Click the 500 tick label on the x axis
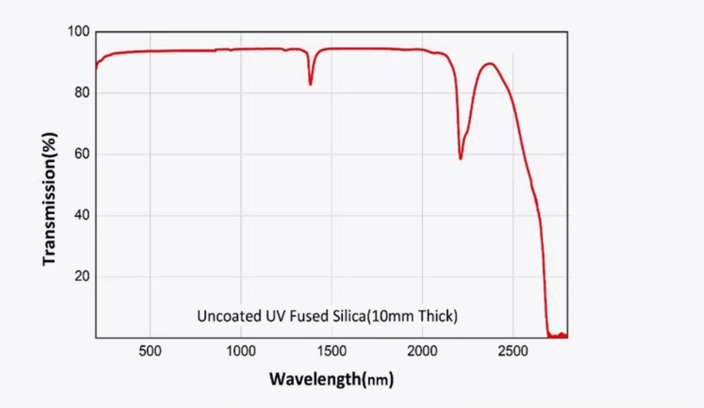[150, 351]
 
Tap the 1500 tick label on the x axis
[331, 351]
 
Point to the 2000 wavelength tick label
[422, 351]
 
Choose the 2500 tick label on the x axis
[512, 351]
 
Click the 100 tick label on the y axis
[78, 32]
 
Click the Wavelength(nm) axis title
[331, 379]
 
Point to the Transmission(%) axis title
[49, 199]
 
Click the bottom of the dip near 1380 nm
[310, 85]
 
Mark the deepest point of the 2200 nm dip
[460, 159]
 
